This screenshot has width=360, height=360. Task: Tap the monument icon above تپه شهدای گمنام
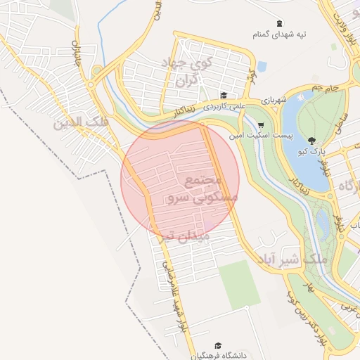279,23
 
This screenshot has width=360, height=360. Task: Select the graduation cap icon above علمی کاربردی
224,96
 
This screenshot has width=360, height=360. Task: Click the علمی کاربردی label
224,107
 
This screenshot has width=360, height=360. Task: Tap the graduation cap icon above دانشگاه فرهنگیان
218,345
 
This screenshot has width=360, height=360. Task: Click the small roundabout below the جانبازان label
91,85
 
